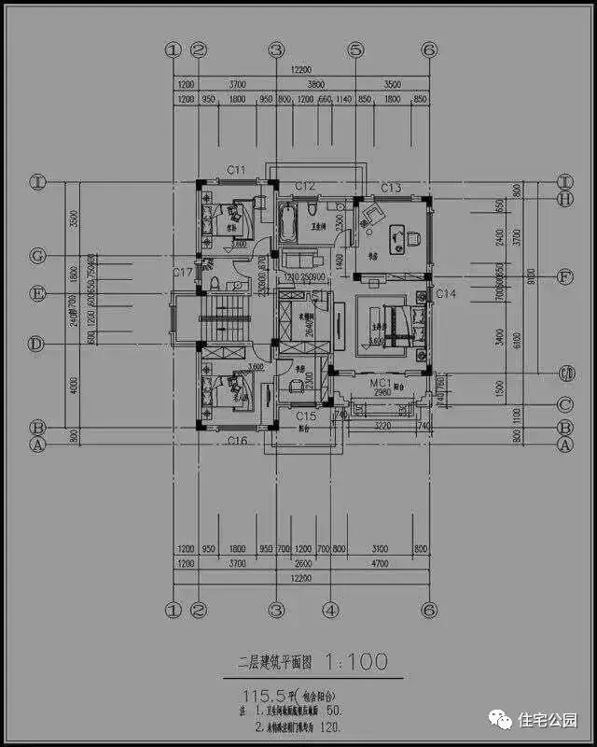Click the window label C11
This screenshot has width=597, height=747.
pyautogui.click(x=236, y=170)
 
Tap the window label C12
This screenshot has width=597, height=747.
pyautogui.click(x=305, y=186)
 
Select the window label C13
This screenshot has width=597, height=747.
pyautogui.click(x=391, y=189)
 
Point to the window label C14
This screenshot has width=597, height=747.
pyautogui.click(x=446, y=294)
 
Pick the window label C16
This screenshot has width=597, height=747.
pyautogui.click(x=237, y=440)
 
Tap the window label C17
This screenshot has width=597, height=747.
pyautogui.click(x=183, y=273)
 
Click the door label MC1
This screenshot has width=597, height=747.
pyautogui.click(x=381, y=383)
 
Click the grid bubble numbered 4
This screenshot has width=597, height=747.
pyautogui.click(x=330, y=610)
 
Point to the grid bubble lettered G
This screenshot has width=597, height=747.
pyautogui.click(x=37, y=255)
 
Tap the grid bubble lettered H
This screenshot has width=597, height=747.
pyautogui.click(x=564, y=198)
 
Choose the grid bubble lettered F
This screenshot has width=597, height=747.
pyautogui.click(x=564, y=276)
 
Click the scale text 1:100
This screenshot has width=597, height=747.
pyautogui.click(x=355, y=663)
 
